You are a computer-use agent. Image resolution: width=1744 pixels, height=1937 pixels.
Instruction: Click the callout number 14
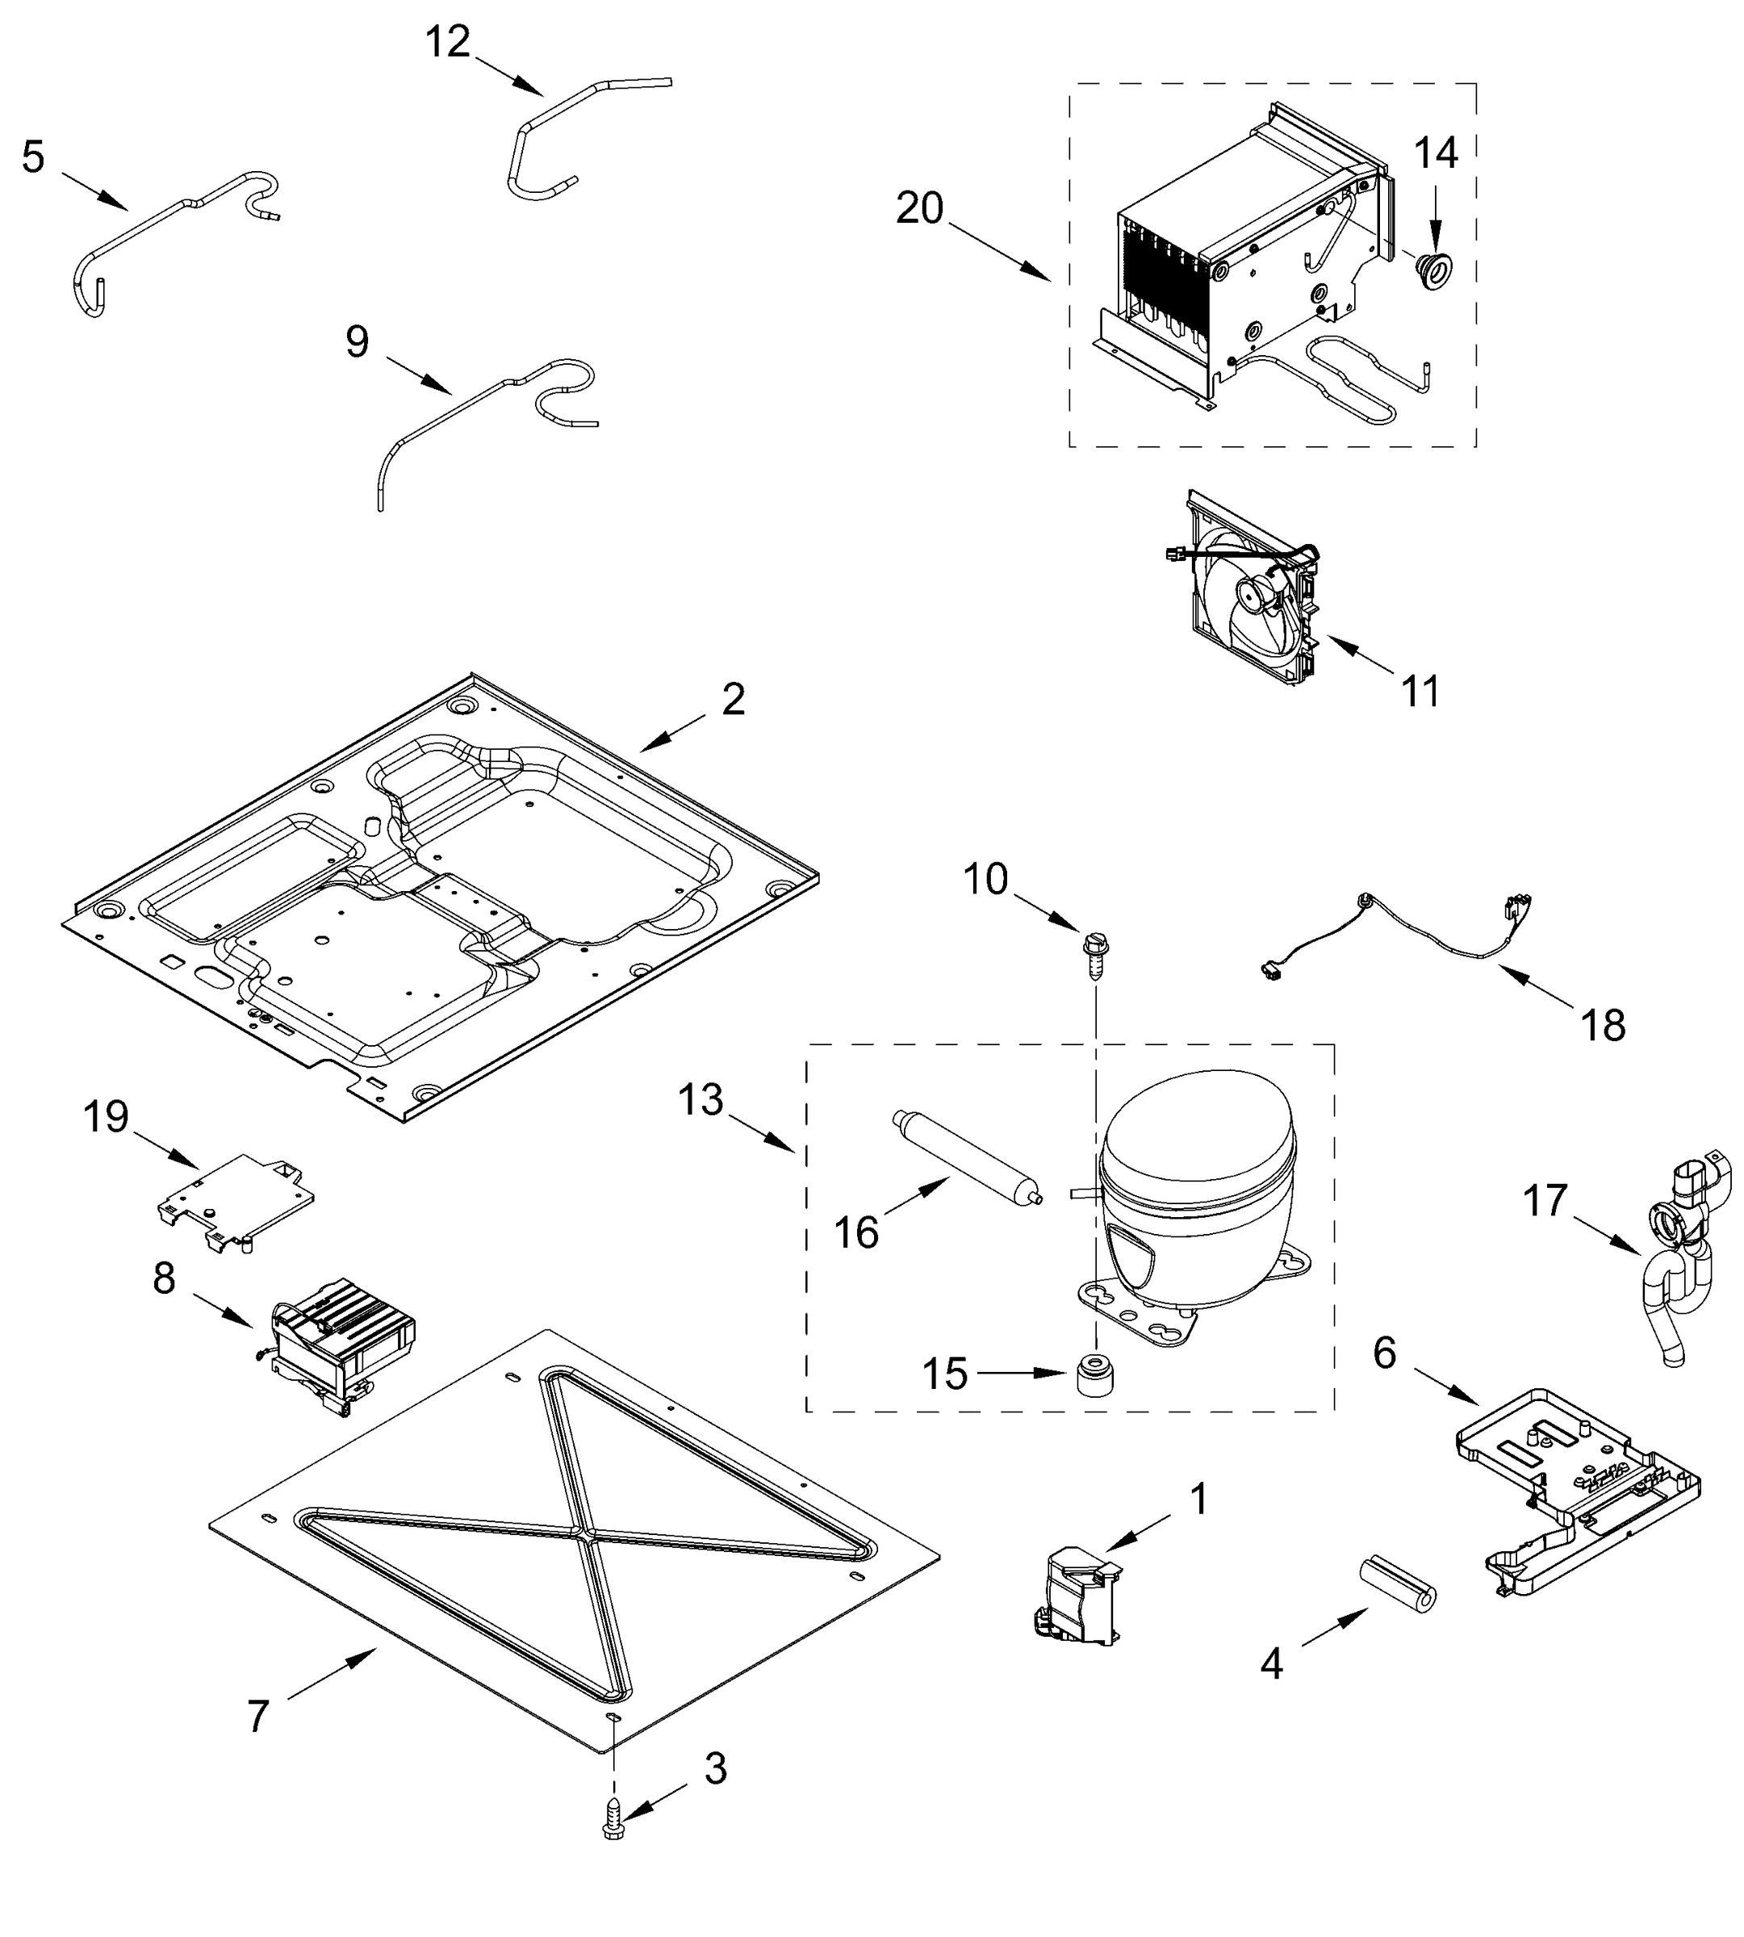click(1436, 153)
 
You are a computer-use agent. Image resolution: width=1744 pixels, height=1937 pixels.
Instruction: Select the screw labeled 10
click(1094, 952)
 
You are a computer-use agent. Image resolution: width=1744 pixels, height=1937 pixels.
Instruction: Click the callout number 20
click(919, 208)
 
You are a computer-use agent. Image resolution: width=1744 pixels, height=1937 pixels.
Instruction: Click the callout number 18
click(1603, 1026)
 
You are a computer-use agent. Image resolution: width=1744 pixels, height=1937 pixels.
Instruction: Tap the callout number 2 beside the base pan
click(733, 700)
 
